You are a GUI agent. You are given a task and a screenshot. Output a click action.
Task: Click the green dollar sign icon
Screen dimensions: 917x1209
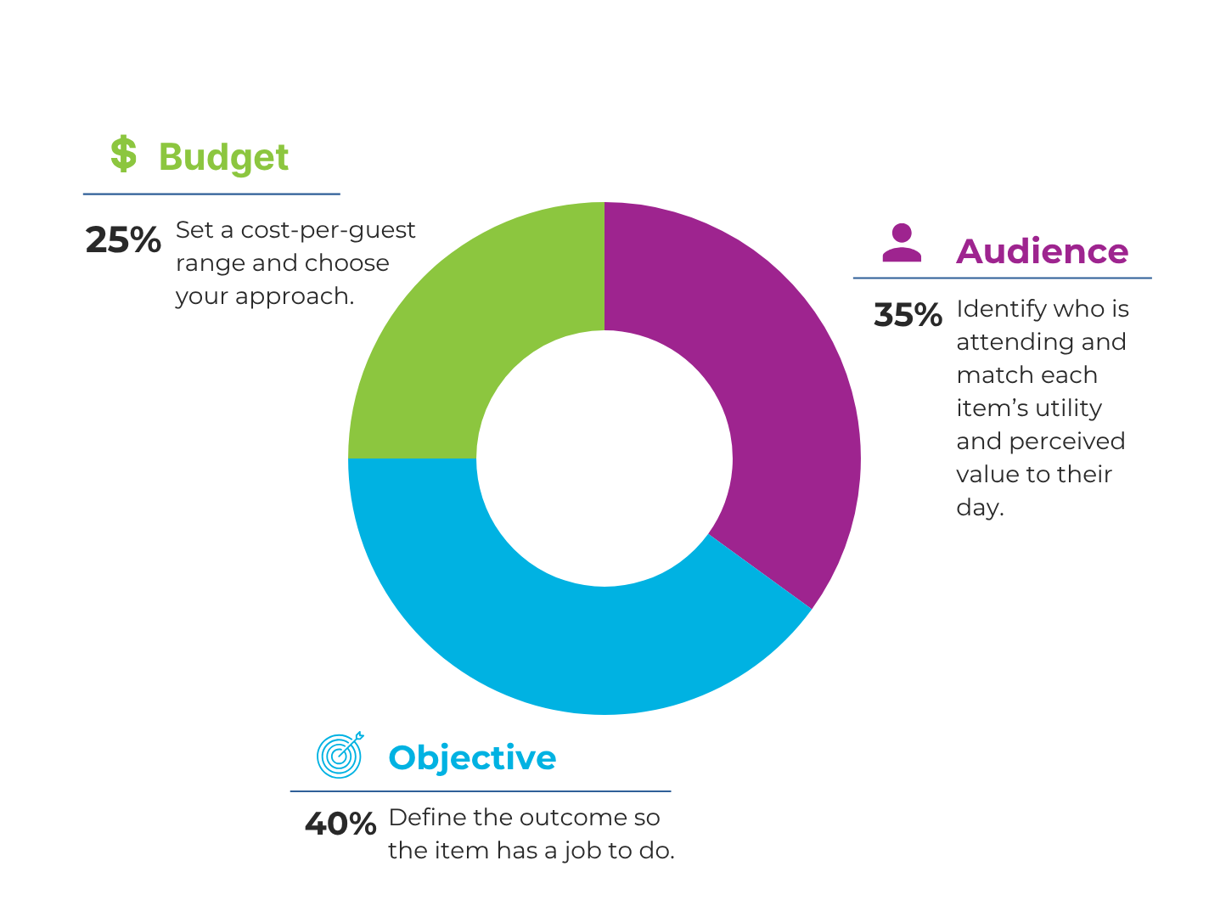(x=123, y=155)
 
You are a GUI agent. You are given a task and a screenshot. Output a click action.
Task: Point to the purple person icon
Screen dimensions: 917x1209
(x=902, y=243)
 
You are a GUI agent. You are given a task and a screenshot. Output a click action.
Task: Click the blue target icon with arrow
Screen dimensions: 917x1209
(x=340, y=754)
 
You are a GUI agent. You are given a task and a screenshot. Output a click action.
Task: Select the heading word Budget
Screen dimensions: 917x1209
(x=223, y=158)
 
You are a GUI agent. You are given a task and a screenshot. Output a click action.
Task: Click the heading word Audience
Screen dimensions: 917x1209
(x=1042, y=251)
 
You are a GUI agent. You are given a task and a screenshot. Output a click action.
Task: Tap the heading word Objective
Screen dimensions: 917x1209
(x=472, y=757)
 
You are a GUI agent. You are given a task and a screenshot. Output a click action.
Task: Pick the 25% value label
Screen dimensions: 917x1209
(x=123, y=240)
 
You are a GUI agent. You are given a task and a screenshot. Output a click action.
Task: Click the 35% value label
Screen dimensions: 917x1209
(x=908, y=315)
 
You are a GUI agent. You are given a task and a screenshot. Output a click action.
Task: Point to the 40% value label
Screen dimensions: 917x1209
(x=340, y=824)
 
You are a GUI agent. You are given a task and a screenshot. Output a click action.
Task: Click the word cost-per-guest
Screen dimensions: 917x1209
(x=328, y=230)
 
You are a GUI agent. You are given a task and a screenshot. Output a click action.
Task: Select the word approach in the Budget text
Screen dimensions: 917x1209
(x=295, y=297)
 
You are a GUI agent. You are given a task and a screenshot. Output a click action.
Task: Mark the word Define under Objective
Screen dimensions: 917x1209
(x=416, y=818)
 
